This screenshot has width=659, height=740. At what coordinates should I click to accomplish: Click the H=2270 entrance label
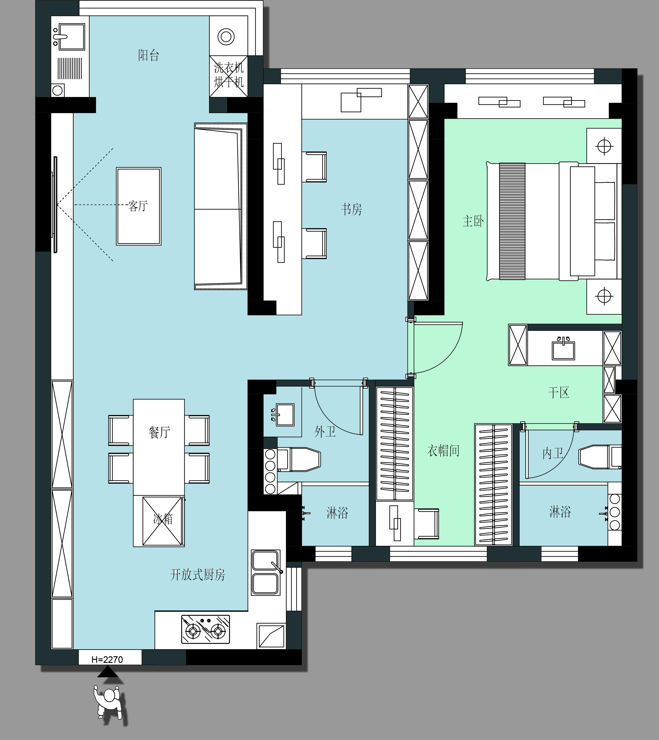(x=107, y=660)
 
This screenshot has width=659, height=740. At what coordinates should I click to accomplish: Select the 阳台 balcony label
(x=149, y=55)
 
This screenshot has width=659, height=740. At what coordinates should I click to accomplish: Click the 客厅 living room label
(x=138, y=206)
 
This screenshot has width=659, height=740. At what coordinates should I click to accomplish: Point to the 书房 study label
(x=351, y=209)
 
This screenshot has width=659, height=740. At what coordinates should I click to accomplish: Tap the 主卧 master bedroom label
(x=473, y=221)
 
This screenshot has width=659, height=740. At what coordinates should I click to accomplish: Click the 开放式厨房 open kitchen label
(x=197, y=575)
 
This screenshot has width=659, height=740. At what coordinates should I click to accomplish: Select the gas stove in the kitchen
(x=205, y=629)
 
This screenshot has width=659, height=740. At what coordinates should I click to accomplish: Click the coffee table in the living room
(x=139, y=206)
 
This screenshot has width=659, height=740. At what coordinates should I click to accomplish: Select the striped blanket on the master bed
(x=512, y=221)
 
